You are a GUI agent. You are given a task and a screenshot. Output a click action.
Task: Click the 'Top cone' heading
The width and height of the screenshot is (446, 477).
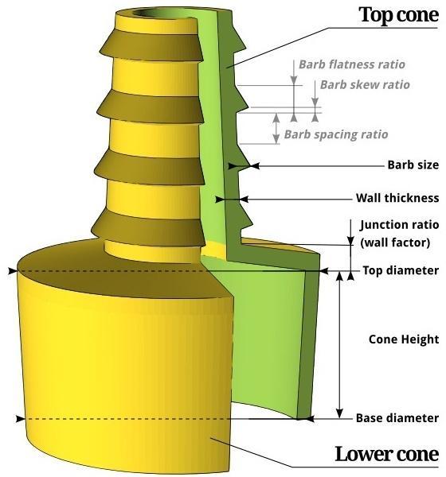point(399,15)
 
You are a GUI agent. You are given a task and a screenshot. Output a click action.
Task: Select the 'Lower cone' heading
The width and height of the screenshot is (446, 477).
point(386,454)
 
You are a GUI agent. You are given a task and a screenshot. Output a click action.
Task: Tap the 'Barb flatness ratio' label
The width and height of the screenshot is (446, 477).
point(351,64)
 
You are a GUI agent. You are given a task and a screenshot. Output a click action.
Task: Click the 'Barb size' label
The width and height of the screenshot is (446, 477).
point(413,165)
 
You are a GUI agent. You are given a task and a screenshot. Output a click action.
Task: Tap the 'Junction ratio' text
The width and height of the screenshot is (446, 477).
point(399,225)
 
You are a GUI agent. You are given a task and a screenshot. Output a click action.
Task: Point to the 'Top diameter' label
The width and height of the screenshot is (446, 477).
point(400,270)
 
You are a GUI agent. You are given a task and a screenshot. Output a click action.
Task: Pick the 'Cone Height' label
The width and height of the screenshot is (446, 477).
point(404,339)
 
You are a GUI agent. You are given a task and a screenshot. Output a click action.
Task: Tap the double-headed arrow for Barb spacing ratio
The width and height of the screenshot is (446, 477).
point(276,128)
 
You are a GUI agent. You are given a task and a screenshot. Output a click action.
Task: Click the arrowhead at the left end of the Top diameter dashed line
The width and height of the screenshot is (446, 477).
point(12,271)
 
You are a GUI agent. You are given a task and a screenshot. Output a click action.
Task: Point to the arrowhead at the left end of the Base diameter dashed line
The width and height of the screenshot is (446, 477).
point(11,418)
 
